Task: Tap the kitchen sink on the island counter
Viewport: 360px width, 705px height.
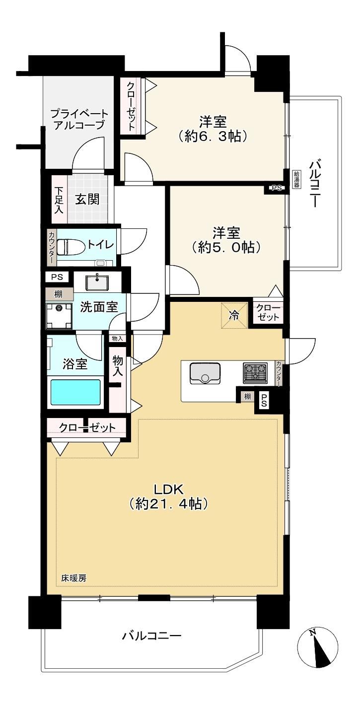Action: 205,373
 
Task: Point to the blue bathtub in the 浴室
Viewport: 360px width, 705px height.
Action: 75,392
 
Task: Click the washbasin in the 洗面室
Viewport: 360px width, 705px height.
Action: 97,282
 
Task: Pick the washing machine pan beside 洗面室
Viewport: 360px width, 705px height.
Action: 59,315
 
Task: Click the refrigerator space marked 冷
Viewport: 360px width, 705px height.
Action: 234,315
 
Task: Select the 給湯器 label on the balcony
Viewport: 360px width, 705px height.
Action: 296,179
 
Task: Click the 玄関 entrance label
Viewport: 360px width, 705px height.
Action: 87,200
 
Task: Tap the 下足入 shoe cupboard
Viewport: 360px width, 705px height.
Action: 59,200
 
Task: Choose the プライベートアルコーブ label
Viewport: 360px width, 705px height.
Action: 79,119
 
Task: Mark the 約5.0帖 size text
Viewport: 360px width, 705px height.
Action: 226,247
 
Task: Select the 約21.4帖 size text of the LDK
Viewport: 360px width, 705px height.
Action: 168,504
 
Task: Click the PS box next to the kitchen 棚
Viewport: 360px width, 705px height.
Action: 264,403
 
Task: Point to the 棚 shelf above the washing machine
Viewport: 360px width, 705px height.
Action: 59,294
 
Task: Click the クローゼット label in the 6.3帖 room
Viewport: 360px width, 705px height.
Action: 131,106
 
